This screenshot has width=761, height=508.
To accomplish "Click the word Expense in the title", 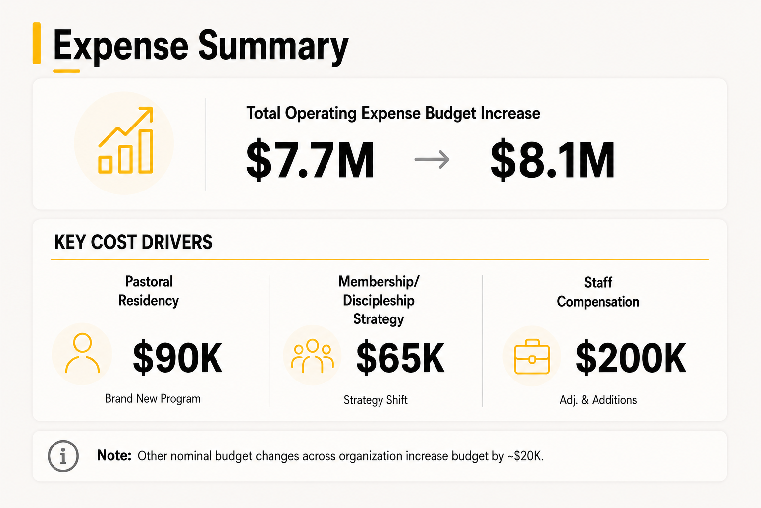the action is coord(120,46).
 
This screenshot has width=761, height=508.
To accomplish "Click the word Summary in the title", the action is coord(273,46).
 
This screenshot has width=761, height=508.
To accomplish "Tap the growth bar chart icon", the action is coord(126,140).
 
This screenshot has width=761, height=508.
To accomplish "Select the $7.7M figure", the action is coord(310,160).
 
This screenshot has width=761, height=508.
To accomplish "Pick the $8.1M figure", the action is coord(553,160).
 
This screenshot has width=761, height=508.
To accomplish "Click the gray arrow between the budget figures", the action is coord(432,159).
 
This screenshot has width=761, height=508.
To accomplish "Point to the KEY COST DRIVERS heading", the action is coord(133,242).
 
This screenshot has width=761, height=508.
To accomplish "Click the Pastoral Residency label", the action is coord(149,291).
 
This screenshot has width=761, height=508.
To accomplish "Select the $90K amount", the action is coord(178,358).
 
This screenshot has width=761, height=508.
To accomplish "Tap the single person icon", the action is coord(82,353).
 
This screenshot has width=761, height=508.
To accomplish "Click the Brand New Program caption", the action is coord(153,398).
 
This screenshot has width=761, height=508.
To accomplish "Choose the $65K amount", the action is coord(400,358).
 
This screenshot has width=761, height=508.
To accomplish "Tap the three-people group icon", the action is coord(313,356).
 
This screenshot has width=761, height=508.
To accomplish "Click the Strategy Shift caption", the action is coord(376,400).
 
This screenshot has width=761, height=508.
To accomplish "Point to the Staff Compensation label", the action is coord(598,292).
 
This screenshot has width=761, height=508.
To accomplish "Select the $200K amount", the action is coord(631,358).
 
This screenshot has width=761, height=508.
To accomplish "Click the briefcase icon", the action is coord(532,357).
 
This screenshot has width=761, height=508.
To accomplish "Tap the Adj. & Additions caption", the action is coord(598,400).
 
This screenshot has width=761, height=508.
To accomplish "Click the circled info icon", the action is coord(63,456).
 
